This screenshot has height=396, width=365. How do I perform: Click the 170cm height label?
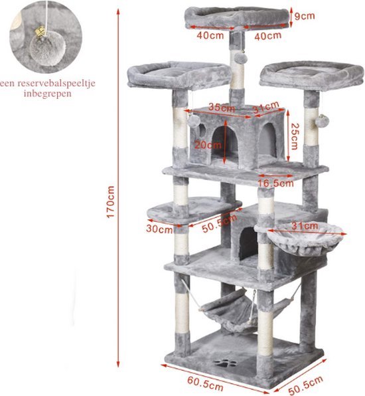pos(110,201)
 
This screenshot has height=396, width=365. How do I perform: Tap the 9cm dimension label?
pos(305,16)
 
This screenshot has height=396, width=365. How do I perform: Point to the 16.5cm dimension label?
pos(275,183)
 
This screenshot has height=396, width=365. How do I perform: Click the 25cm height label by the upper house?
pos(294,136)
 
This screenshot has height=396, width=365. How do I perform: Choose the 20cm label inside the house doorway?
pos(207,145)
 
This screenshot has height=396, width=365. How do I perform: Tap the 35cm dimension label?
pos(222,108)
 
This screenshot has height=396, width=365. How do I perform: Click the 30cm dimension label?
pos(159,229)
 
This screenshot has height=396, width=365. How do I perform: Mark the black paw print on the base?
pos(225,364)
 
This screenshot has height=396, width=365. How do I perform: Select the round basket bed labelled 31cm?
pos(305,239)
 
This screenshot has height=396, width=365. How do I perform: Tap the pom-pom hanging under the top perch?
pos(239,58)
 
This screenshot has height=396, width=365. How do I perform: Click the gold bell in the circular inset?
pos(40,32)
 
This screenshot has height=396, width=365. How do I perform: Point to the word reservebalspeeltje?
pos(56,83)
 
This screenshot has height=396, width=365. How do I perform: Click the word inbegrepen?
pos(48,94)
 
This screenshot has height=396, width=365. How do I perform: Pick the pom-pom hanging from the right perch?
pos(322,121)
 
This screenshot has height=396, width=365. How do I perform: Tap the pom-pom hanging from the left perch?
pos(194,121)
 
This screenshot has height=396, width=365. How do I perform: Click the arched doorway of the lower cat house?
pos(248,243)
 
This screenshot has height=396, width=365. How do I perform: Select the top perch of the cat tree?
pos(237,18)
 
